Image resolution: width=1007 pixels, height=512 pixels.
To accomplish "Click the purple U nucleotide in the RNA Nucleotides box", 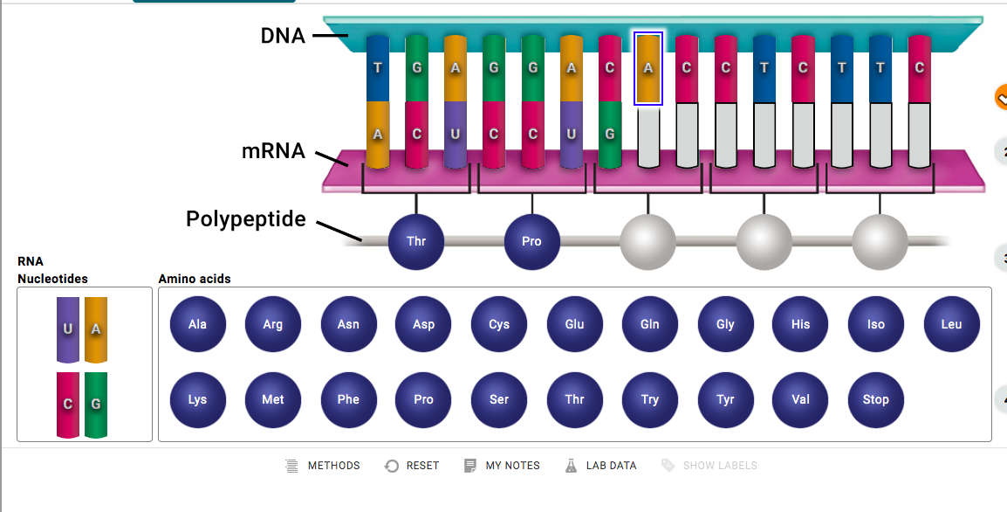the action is [x=68, y=329].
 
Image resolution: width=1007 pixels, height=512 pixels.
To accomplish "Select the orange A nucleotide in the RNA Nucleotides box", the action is [x=96, y=329].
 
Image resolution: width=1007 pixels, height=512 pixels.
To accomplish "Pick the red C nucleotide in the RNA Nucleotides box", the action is [x=68, y=405].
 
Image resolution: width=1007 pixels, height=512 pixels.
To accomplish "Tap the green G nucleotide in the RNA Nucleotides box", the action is [x=96, y=405].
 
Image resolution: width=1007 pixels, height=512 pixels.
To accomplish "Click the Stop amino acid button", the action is [x=876, y=399].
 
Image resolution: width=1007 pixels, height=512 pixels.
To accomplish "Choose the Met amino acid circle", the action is [x=273, y=399].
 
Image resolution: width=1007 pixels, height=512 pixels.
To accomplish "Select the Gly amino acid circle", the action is [x=725, y=324].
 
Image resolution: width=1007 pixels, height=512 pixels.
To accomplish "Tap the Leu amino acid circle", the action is [x=952, y=324].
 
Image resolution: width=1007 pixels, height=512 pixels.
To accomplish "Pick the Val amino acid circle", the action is [x=800, y=399].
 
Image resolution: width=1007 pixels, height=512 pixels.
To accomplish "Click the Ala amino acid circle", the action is [x=198, y=324].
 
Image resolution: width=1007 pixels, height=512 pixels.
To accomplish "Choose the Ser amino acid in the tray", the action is [x=499, y=399].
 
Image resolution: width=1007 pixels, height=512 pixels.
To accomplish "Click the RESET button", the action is [x=412, y=466].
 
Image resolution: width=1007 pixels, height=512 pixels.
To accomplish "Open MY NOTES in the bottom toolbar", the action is [x=502, y=466].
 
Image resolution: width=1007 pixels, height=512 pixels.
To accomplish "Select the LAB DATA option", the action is [x=600, y=466].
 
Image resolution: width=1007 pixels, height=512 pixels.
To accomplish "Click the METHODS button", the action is [x=322, y=466].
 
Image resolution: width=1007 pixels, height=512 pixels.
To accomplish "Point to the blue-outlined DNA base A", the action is [x=648, y=68].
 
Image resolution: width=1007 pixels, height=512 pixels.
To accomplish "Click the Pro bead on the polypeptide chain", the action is [x=531, y=242].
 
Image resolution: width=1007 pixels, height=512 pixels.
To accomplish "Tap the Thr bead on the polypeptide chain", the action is [x=416, y=242].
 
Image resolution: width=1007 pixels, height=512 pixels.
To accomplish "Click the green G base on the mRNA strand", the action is [x=609, y=135].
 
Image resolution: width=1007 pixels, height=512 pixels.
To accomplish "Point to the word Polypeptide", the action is [x=246, y=219].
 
